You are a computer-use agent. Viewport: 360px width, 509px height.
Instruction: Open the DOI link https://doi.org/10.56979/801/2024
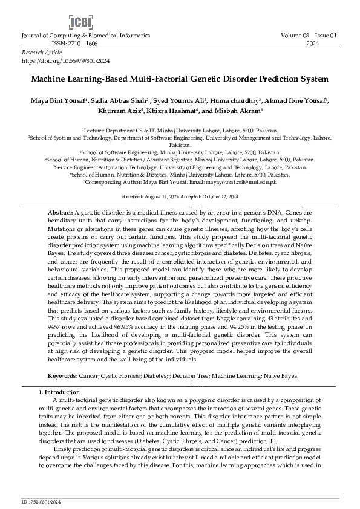click(66, 61)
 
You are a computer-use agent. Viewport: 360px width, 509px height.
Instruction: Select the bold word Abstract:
click(60, 213)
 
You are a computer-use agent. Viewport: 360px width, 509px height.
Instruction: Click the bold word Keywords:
click(63, 375)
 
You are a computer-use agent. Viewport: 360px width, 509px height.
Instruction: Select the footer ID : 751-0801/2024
click(42, 502)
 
